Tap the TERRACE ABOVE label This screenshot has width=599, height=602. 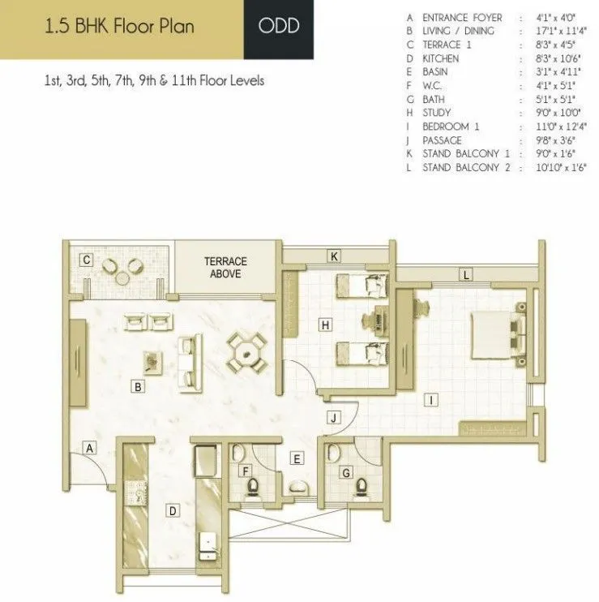point(225,268)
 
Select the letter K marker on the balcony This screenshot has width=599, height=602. point(333,256)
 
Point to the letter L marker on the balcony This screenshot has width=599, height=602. point(466,275)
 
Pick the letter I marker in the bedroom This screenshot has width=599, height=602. point(433,398)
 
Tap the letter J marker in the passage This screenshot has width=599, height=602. point(332,418)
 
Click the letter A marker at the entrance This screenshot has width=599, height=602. point(91,447)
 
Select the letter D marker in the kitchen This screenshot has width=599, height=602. point(172,510)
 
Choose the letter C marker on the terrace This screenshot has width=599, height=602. point(85,260)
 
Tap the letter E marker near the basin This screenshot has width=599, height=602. point(297,459)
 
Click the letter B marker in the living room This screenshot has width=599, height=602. point(139,388)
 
